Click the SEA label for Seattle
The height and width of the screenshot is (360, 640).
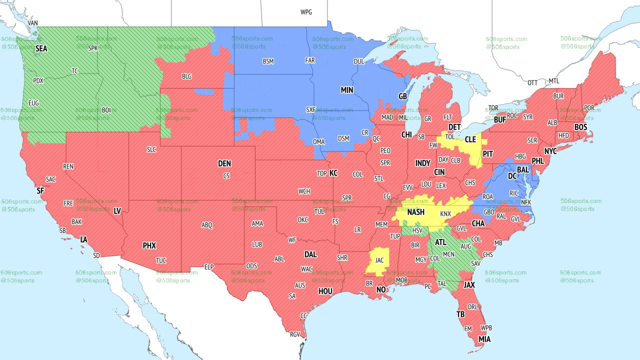click(41, 49)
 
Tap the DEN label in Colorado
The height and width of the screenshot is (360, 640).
click(224, 163)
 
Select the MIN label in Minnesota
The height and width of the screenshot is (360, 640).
click(347, 90)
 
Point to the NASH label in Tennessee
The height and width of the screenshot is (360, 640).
click(415, 212)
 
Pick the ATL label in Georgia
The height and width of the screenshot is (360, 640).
click(440, 242)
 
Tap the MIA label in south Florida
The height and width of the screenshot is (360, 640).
click(484, 339)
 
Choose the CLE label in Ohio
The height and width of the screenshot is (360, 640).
click(470, 140)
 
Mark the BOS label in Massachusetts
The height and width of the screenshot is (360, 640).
click(580, 127)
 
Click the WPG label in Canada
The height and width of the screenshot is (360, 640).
click(306, 12)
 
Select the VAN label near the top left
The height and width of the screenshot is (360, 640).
click(33, 23)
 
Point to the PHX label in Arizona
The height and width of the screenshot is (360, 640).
click(149, 245)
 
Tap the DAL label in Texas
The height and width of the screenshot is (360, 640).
click(310, 254)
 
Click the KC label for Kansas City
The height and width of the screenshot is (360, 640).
click(333, 173)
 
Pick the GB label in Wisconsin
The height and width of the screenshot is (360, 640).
click(402, 96)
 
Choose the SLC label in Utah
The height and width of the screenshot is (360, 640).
click(151, 149)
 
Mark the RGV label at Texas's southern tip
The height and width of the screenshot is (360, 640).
click(294, 334)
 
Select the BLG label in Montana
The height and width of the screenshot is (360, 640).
click(186, 76)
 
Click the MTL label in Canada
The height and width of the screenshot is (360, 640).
click(554, 81)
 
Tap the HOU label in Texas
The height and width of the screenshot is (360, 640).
click(325, 291)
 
